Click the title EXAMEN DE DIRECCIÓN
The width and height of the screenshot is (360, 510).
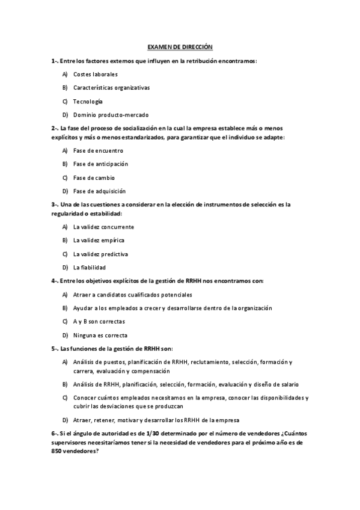[x=180, y=47]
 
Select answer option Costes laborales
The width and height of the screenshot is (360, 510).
[x=96, y=74]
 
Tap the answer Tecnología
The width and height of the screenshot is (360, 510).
[x=88, y=101]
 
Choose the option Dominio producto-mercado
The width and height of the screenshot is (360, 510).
[x=111, y=114]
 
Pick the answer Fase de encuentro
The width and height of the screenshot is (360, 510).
[x=98, y=150]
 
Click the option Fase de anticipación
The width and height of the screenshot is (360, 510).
[x=100, y=164]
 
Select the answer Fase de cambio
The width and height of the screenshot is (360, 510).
[x=94, y=177]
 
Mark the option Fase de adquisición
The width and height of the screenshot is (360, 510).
[x=99, y=191]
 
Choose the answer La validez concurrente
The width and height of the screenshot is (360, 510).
[x=103, y=227]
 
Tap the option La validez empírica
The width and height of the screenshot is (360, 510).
[x=99, y=240]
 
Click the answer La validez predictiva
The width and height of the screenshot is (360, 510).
[x=100, y=254]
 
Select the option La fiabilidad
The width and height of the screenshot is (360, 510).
[x=90, y=267]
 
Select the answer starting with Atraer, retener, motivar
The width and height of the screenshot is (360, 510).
[x=156, y=420]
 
